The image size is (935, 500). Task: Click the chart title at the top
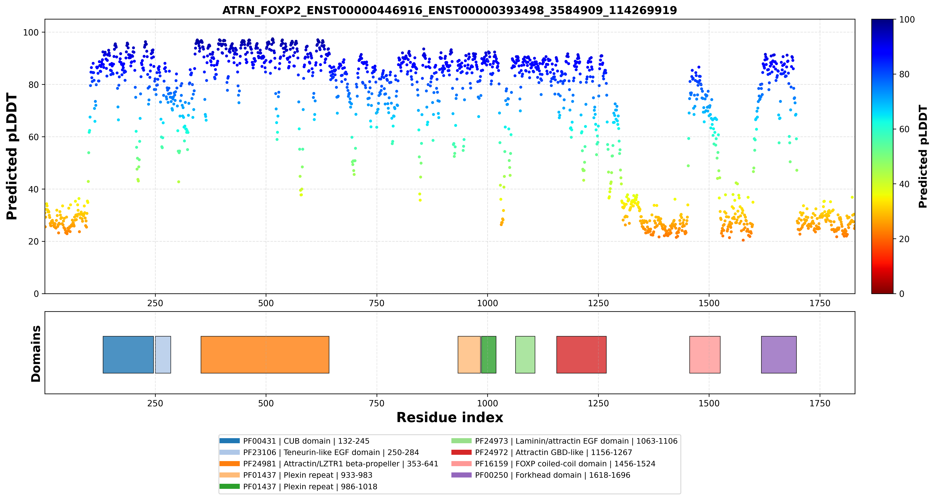coord(449,10)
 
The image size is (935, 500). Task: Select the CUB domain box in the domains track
coord(128,355)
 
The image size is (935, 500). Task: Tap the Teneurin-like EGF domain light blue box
coord(163,355)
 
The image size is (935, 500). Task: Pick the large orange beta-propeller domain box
coord(265,355)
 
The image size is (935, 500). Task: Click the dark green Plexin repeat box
coord(488,355)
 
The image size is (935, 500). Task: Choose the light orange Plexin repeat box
coord(469,355)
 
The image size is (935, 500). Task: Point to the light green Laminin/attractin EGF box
coord(525,355)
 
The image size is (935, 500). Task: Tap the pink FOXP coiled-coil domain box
coord(705,355)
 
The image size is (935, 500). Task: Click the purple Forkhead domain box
coord(779,355)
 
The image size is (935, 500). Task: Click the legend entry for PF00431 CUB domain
coord(294,441)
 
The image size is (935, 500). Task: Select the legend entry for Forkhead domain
coord(541,475)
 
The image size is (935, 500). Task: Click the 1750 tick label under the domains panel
coord(820,403)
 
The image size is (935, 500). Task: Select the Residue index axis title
coord(450,417)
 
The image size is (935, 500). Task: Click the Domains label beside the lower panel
coord(36,353)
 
